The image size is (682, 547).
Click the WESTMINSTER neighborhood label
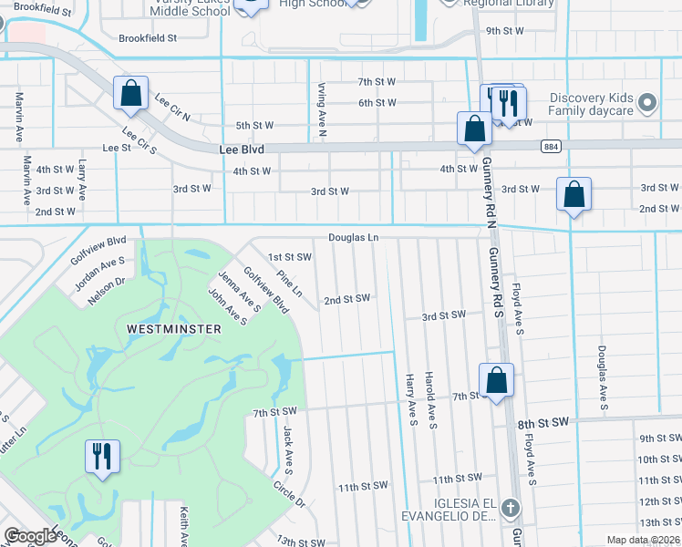coord(173,327)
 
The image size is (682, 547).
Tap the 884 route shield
coord(550,146)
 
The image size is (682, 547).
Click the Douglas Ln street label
coord(354,237)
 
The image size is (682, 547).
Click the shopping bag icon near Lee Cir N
coord(130,93)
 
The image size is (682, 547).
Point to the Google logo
coord(30,536)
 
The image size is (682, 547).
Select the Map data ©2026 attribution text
coord(643,540)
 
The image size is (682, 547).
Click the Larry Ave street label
coord(82,180)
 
